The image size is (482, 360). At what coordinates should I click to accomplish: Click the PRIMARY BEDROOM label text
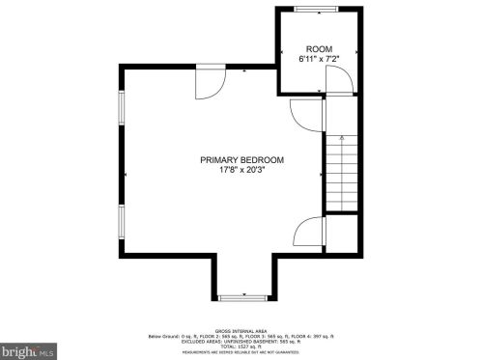(x=242, y=160)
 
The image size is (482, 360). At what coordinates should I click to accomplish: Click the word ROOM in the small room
(x=319, y=48)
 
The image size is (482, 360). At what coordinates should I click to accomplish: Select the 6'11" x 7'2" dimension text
(x=319, y=59)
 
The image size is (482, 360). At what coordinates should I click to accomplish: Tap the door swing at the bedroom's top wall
(x=209, y=84)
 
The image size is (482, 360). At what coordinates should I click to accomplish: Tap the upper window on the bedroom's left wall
(x=121, y=109)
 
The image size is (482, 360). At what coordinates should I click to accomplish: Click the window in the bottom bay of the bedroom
(x=241, y=294)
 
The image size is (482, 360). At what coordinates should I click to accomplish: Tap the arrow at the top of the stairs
(x=341, y=137)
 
